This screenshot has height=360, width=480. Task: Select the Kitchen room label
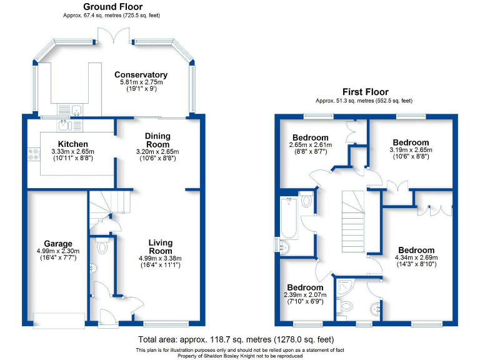pos(72,144)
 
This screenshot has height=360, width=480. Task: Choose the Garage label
pos(57,244)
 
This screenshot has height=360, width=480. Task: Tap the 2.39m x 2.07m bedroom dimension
pos(305,295)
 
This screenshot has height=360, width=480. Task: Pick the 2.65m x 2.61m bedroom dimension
pos(310,145)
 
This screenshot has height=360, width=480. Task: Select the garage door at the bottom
pos(59,319)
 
